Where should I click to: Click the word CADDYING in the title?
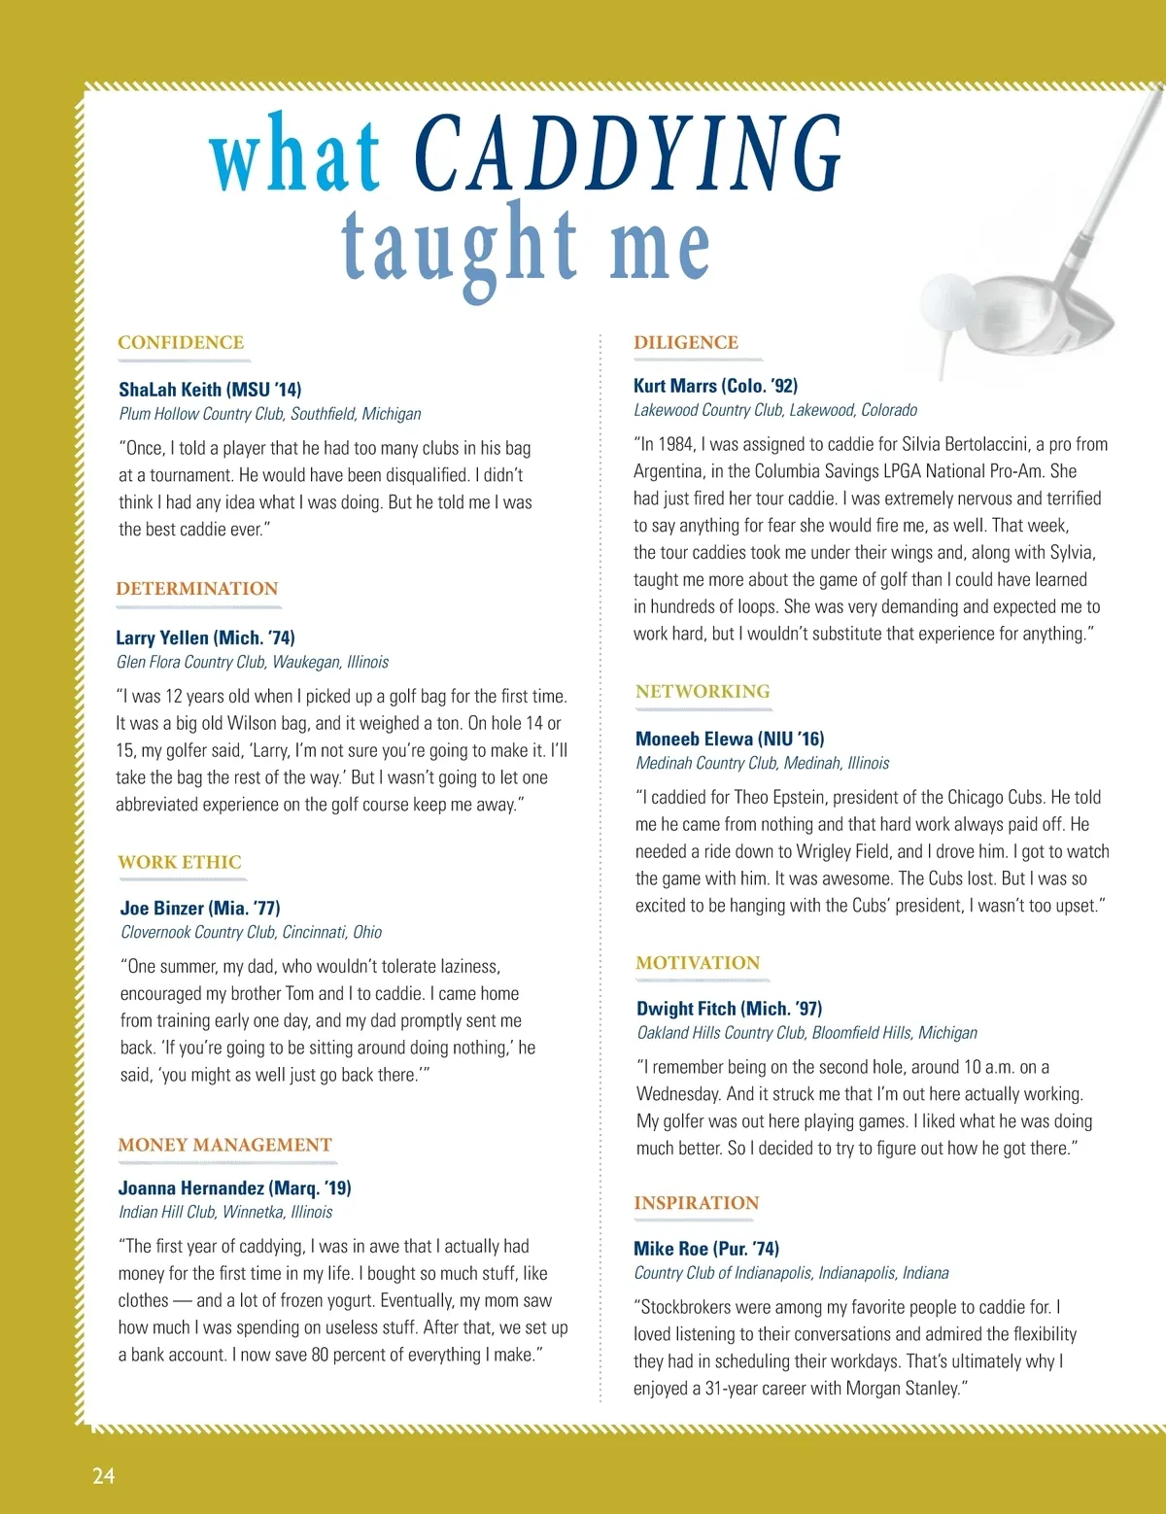[628, 154]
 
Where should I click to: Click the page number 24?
[104, 1475]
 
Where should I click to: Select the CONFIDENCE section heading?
[181, 343]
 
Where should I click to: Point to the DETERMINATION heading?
[197, 589]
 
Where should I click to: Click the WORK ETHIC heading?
[180, 862]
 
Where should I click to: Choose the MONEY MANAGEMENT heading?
[225, 1145]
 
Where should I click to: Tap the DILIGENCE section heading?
[686, 343]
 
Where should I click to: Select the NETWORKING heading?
[703, 692]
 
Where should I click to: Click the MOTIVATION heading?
[698, 963]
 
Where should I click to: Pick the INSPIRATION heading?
[697, 1203]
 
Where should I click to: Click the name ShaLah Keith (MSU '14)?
[210, 390]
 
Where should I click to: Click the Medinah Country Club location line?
[763, 763]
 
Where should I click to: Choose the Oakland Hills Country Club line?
[807, 1033]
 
